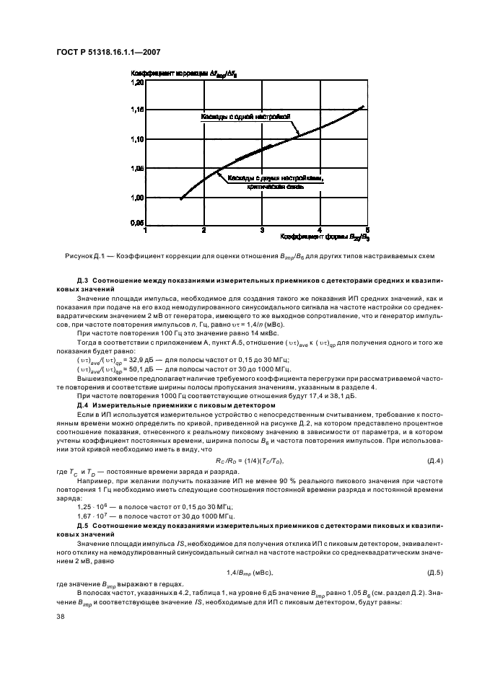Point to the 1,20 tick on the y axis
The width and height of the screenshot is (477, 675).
137,83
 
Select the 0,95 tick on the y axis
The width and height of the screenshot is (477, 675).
137,224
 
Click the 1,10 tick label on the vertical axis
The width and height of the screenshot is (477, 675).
137,138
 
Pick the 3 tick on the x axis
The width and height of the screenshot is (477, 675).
262,230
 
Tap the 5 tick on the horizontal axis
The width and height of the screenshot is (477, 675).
367,230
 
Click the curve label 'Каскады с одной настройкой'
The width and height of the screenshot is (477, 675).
245,115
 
